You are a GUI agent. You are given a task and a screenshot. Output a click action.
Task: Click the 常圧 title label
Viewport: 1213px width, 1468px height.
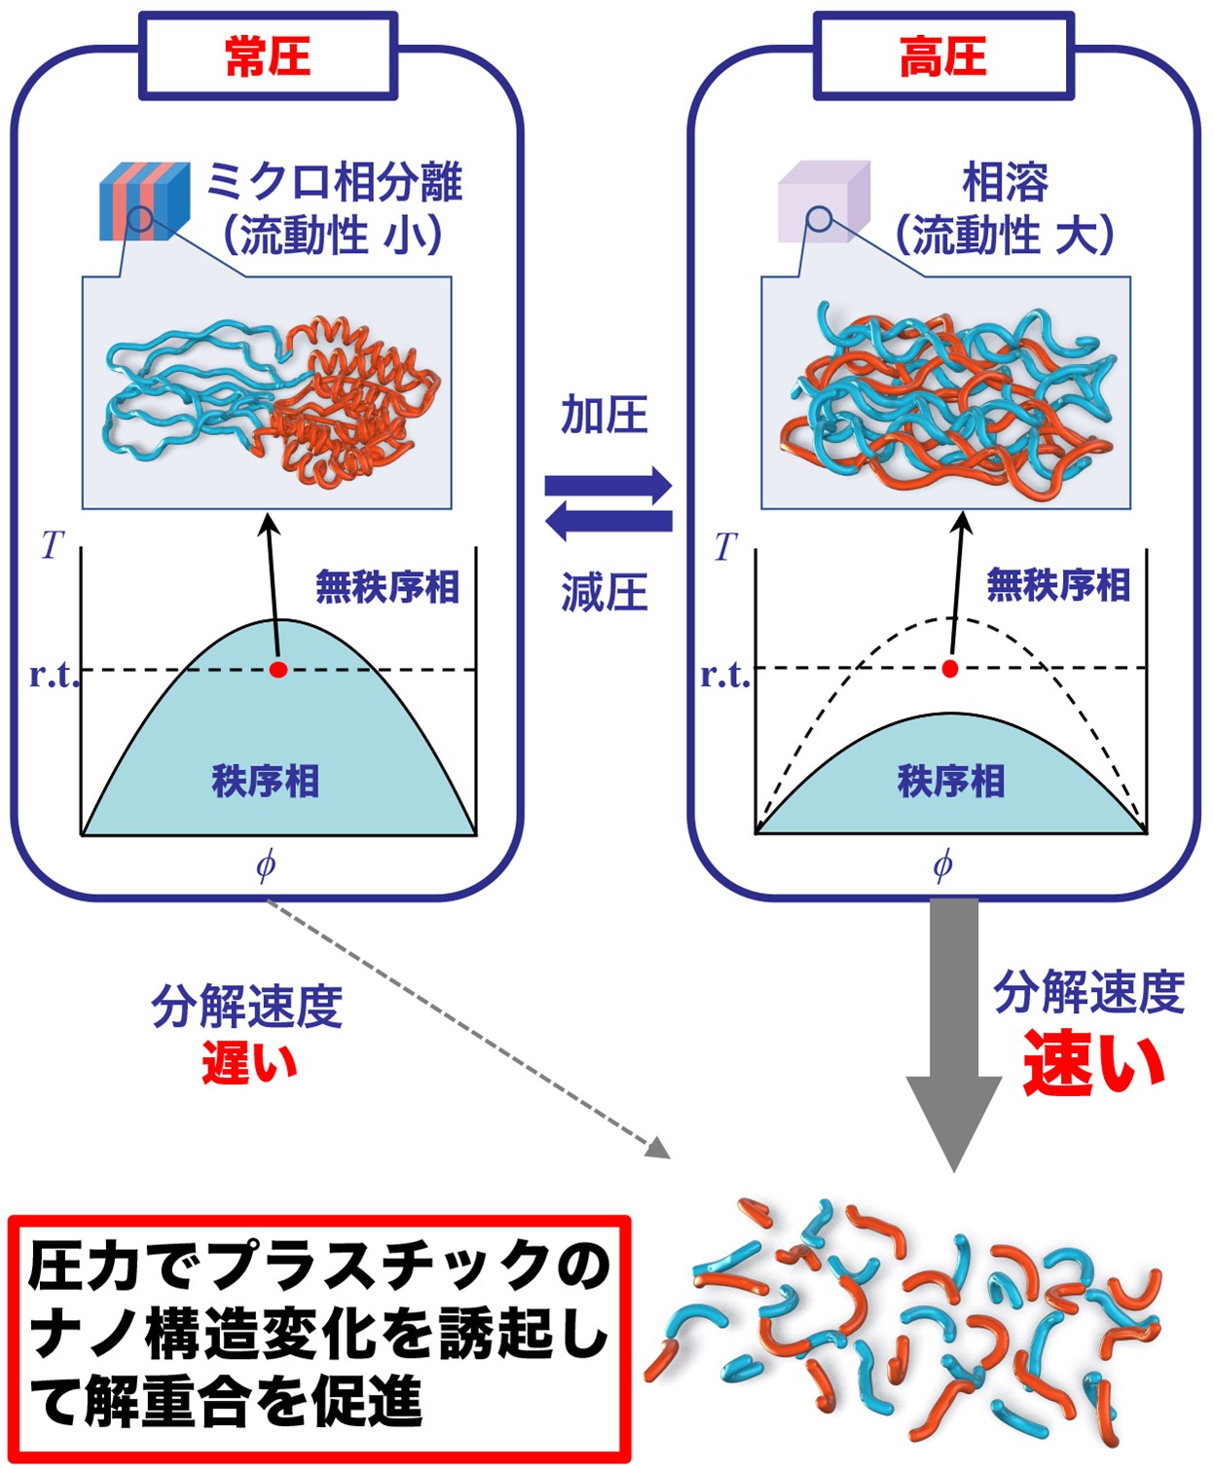[267, 56]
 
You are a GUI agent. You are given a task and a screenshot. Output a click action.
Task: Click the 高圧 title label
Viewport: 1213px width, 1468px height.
[942, 56]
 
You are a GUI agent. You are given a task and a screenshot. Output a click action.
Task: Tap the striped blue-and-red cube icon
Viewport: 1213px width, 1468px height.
[144, 201]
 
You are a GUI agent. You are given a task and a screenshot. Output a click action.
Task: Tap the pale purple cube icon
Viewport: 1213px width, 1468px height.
[823, 201]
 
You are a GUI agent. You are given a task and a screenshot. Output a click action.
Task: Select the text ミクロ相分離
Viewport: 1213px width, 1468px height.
[334, 182]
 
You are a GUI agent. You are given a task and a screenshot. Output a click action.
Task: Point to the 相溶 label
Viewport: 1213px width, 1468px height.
[1005, 182]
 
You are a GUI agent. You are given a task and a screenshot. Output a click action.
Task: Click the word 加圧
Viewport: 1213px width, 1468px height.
[605, 416]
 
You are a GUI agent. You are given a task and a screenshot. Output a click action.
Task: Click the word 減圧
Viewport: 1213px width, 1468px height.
[605, 592]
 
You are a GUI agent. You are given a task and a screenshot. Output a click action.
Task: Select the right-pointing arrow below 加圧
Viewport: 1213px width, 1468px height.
[608, 485]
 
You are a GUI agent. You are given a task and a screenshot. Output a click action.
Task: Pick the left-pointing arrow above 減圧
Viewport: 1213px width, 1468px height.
[608, 522]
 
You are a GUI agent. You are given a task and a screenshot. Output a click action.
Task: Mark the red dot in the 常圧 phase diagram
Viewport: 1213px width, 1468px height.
[278, 670]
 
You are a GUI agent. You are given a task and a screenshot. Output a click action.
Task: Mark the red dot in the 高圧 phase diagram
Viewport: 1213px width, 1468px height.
[950, 669]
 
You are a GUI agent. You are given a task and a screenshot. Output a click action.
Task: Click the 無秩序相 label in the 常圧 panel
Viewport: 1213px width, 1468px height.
[387, 587]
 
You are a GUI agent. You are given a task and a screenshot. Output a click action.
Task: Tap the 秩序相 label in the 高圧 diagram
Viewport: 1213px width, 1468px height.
[950, 781]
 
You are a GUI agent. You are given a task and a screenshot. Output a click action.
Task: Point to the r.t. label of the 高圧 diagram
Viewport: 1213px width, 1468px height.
[725, 675]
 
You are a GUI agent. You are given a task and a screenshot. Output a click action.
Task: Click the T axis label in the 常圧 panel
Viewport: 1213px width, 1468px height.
[52, 545]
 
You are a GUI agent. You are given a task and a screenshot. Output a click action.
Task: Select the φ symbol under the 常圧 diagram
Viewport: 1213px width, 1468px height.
[265, 864]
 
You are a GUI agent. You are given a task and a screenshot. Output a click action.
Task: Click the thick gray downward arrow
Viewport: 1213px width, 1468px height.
[954, 1032]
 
